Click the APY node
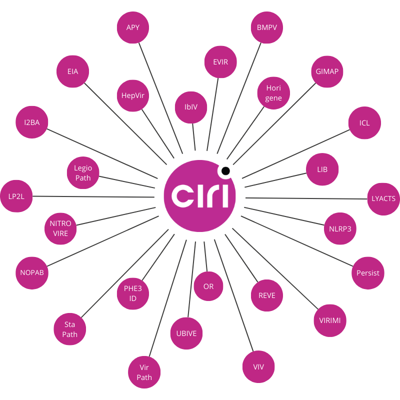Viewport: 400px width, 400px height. [133, 27]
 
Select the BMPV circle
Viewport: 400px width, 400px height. [266, 27]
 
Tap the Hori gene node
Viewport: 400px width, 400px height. [273, 93]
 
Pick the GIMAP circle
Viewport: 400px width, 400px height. [327, 71]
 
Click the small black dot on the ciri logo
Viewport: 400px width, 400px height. [225, 171]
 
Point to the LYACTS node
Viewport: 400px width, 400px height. [383, 198]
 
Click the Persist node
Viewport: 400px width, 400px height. [368, 273]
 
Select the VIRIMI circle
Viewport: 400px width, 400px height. [330, 320]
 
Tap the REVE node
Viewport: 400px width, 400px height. [267, 295]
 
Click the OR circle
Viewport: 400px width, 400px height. [208, 286]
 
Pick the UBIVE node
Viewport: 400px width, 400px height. [186, 333]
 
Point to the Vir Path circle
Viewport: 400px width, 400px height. [144, 372]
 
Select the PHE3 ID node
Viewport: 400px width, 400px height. [133, 293]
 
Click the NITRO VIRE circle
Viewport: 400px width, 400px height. [60, 228]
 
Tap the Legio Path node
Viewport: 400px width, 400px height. [83, 173]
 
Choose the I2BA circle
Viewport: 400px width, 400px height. [32, 122]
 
